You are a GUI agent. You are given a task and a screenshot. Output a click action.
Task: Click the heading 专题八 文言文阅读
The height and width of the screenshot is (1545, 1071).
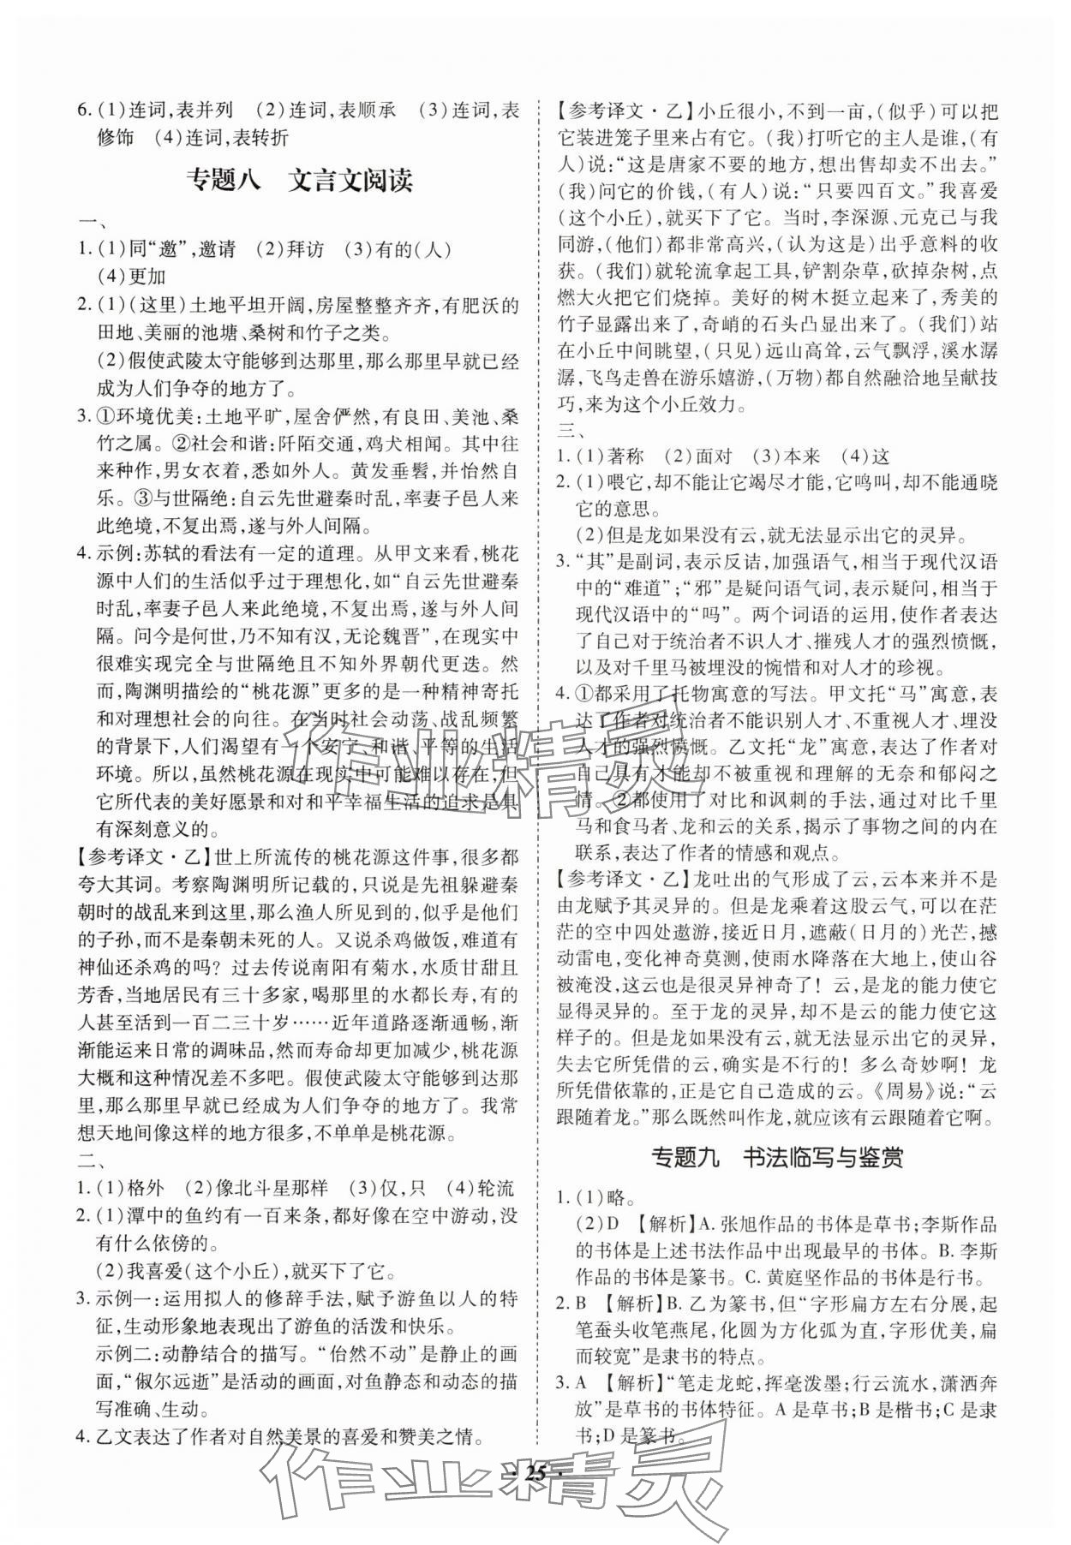(x=299, y=181)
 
